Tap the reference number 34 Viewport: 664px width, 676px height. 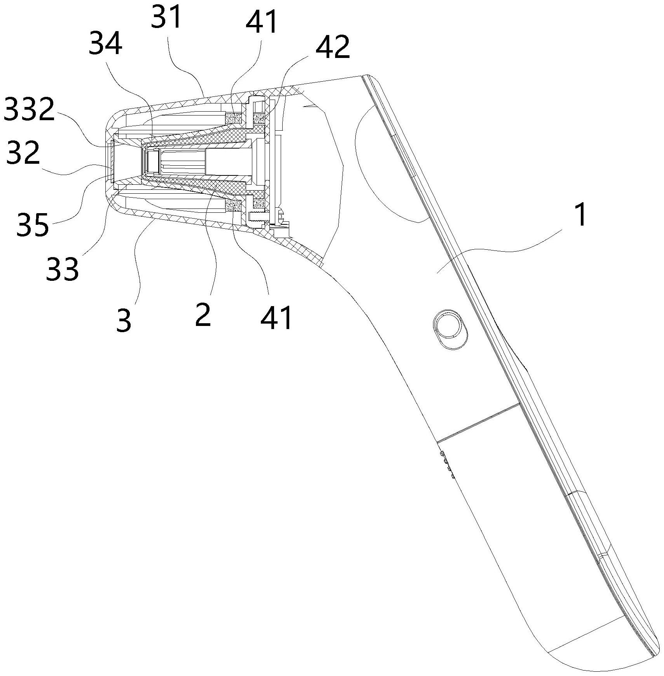click(x=106, y=45)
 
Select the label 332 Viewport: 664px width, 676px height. click(x=29, y=109)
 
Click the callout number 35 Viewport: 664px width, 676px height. click(x=33, y=224)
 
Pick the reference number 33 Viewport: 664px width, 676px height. click(x=62, y=268)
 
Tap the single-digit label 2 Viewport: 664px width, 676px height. click(x=203, y=314)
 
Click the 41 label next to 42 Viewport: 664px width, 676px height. click(x=262, y=22)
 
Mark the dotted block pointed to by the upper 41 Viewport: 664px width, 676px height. click(x=234, y=117)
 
